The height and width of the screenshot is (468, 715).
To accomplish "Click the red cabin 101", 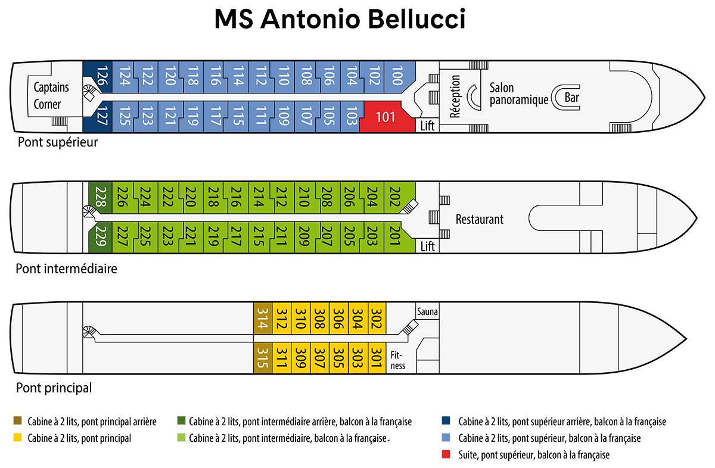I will (x=386, y=116).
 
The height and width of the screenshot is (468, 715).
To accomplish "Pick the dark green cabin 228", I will (x=100, y=197).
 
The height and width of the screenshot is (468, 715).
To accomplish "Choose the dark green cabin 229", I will (x=100, y=236).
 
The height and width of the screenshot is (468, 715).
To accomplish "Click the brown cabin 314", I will (x=262, y=319).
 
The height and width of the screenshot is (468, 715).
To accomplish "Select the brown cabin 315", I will (x=262, y=357).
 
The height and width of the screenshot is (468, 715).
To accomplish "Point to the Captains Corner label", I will (x=51, y=96).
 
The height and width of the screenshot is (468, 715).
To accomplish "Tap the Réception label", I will (x=456, y=96).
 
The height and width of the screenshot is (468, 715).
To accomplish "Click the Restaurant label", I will (x=479, y=219).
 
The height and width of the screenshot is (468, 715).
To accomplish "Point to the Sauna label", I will (x=427, y=311).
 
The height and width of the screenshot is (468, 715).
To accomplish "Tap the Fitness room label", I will (x=398, y=360).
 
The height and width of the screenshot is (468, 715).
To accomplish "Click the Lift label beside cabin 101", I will (x=428, y=126).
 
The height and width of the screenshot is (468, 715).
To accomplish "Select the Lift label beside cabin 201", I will (x=428, y=246).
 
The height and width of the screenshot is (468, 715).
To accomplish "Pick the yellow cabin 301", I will (x=377, y=357).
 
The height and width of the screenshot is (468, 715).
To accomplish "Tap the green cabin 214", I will (x=258, y=197).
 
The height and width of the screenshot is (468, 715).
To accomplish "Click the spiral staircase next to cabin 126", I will (x=89, y=93).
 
